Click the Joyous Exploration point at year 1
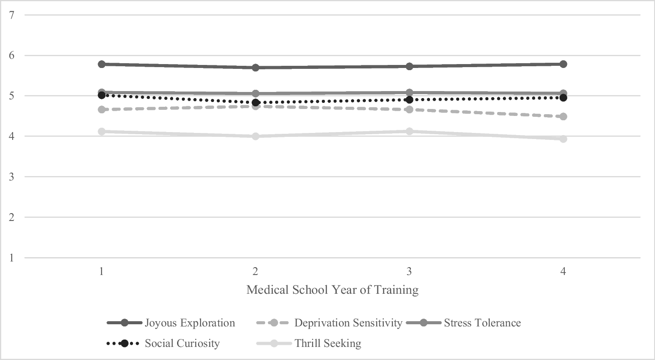102,64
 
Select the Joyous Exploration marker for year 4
563,64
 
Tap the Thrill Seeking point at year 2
256,136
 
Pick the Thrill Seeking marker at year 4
563,139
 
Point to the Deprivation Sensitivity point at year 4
563,116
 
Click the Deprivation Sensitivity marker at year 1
102,109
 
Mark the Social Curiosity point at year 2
256,102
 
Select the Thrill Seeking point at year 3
409,131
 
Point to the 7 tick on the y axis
12,15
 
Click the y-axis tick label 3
12,177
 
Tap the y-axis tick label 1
12,258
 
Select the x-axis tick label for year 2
256,272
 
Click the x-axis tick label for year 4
563,272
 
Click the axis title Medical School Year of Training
332,290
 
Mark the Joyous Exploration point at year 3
409,66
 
